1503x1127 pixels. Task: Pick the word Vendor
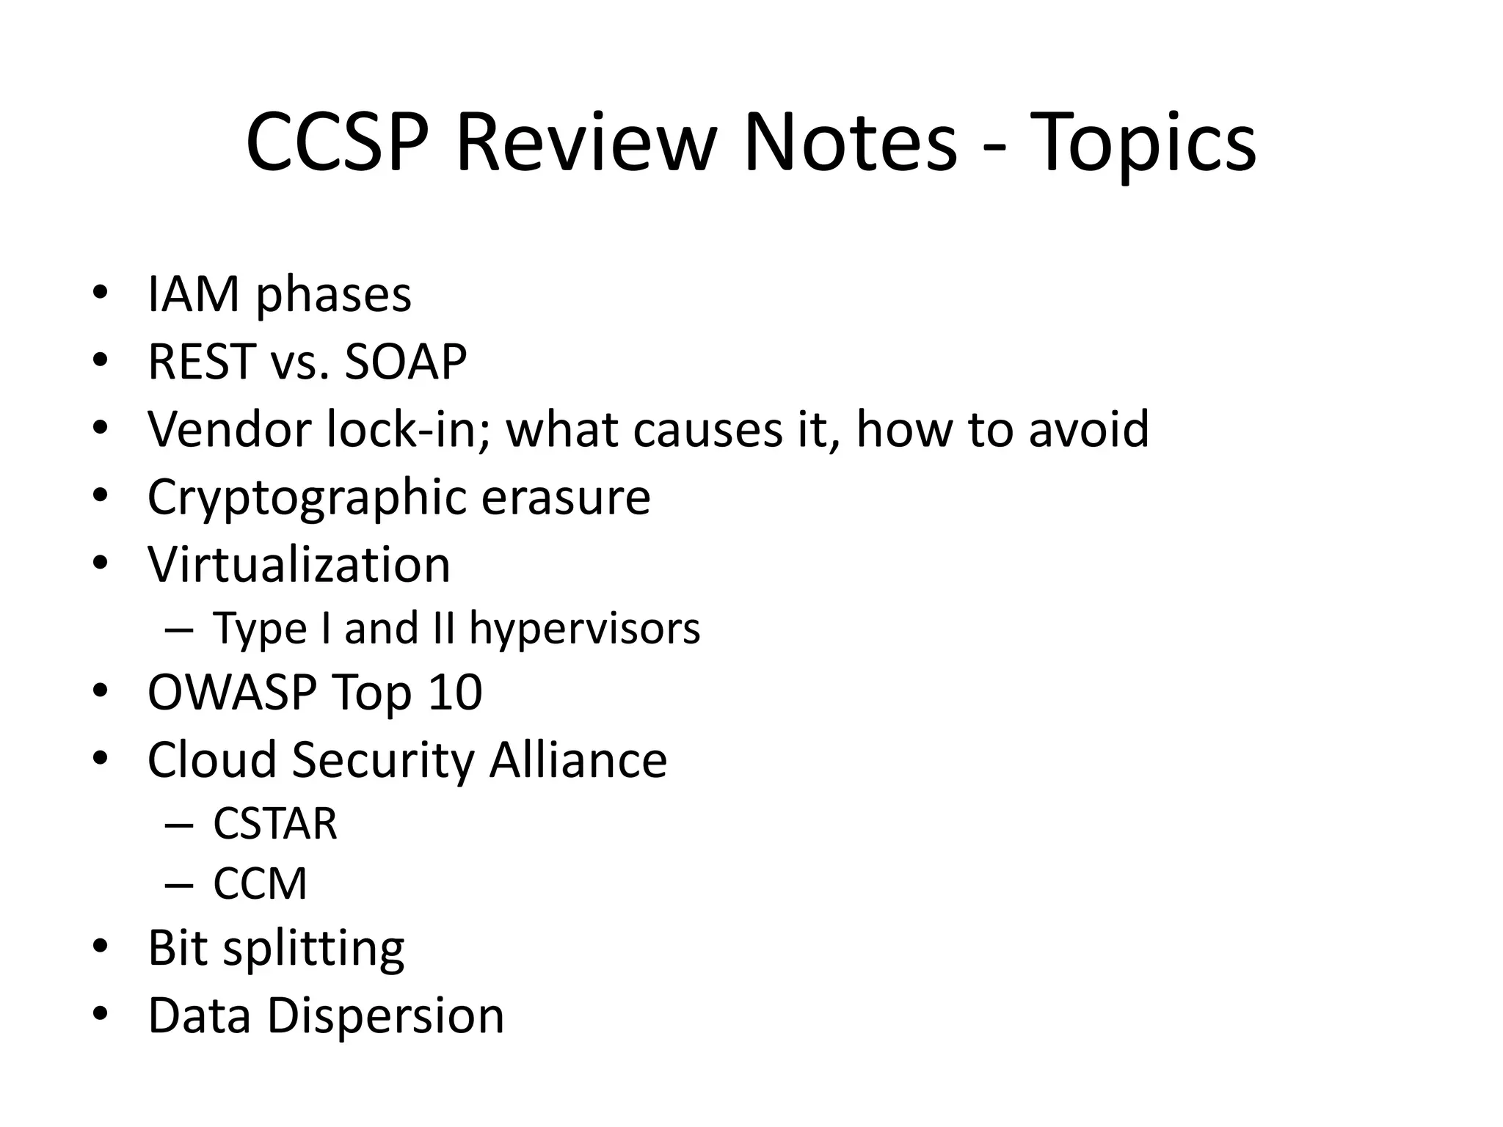(229, 428)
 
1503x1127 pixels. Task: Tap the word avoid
(1088, 428)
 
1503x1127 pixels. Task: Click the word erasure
(566, 497)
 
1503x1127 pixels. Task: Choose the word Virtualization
(299, 564)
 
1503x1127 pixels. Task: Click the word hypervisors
(585, 629)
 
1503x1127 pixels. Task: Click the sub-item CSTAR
(275, 823)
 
